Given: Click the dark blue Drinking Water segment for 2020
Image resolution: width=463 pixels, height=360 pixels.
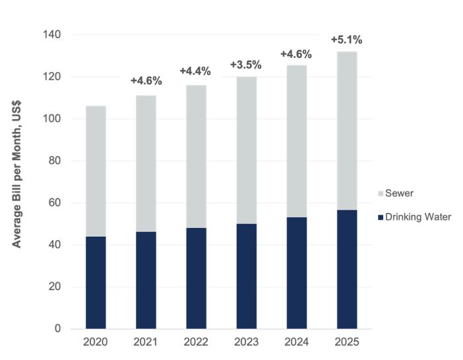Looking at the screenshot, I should point(96,282).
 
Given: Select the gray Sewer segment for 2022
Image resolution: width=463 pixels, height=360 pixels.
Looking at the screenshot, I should point(196,157).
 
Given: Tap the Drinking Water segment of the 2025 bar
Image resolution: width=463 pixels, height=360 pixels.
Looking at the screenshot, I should point(346,269).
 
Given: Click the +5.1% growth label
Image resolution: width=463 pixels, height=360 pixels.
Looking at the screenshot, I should point(346,40).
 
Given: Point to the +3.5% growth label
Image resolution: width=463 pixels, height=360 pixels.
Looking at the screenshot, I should point(245,65).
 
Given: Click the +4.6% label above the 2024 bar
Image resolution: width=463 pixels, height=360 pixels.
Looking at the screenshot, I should point(296,54).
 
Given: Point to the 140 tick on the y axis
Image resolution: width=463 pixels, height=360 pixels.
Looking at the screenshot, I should point(55,34).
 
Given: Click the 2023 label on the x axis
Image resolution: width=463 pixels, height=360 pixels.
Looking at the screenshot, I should point(246,343).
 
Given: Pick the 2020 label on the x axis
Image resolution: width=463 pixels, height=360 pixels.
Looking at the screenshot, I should point(96,343).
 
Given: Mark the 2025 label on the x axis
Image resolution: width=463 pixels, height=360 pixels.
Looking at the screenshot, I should point(346,343).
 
